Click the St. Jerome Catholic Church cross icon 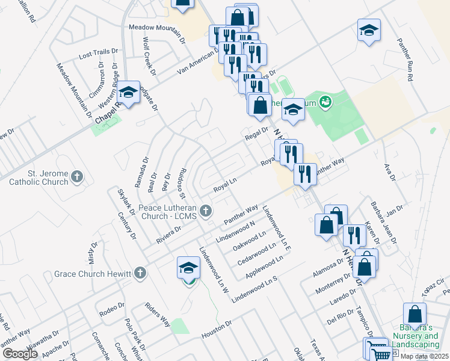pos(76,176)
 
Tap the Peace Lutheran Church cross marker pos(206,211)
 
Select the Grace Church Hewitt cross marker pos(140,273)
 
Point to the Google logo pos(19,354)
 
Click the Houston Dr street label pos(217,329)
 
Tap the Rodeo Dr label pos(112,310)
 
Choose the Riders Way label pos(157,313)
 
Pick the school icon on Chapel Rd pos(128,93)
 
